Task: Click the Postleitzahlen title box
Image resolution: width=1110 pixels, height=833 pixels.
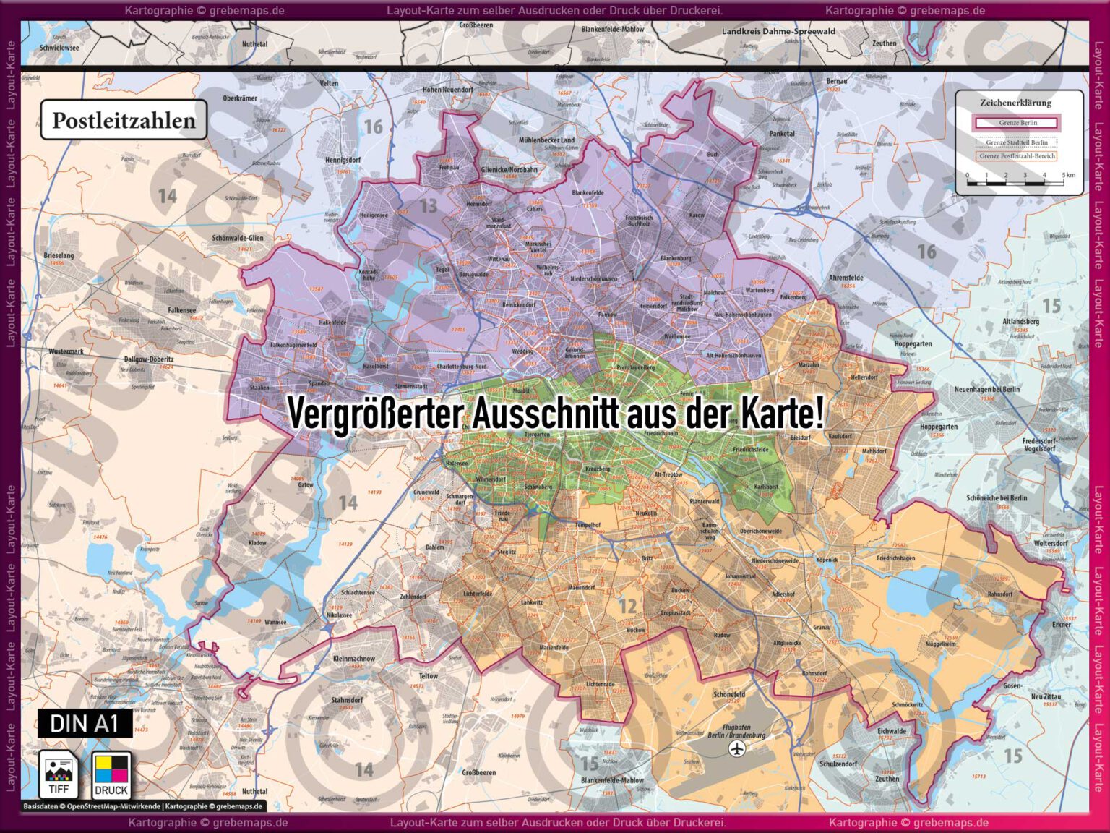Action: tap(124, 120)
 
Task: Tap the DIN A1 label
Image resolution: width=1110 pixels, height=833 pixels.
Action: tap(85, 723)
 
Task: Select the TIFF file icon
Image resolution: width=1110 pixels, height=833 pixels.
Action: tap(59, 774)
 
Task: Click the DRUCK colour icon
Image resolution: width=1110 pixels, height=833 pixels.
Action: tap(111, 774)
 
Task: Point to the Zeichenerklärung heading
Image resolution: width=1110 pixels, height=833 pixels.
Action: tap(1015, 103)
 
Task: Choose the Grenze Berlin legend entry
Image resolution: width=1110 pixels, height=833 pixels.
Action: tap(1017, 123)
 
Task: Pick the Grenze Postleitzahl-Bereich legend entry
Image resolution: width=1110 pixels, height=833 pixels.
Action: tap(1017, 156)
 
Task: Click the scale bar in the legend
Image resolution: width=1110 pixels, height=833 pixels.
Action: tap(1015, 182)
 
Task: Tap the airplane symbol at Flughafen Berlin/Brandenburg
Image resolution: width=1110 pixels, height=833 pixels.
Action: tap(736, 749)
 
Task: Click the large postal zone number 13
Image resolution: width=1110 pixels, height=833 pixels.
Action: tap(429, 206)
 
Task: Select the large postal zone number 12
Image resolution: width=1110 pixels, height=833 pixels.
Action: tap(627, 606)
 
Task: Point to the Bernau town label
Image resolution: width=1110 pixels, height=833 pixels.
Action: tap(836, 82)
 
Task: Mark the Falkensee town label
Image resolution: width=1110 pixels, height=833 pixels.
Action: tap(182, 310)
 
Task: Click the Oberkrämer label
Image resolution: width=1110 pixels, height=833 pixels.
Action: tap(240, 98)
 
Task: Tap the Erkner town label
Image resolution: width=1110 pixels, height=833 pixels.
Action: tap(1061, 625)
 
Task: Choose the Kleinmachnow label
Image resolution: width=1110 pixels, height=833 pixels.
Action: tap(354, 659)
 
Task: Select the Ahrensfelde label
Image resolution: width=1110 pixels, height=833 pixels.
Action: tap(846, 278)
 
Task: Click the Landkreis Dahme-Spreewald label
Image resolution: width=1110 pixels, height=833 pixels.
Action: tap(778, 32)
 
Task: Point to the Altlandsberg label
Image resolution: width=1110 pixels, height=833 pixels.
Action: tap(1020, 322)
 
